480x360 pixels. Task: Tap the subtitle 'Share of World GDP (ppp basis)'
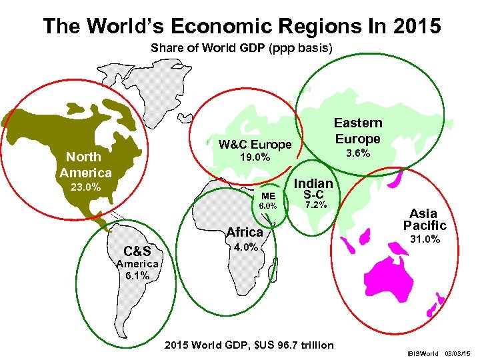(241, 49)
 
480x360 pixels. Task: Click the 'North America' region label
(85, 165)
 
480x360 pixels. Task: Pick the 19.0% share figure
(255, 158)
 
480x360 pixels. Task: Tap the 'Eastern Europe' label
(358, 131)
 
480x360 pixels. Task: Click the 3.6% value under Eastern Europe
(358, 155)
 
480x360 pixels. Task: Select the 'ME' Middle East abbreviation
(268, 195)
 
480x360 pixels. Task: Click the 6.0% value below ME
(268, 205)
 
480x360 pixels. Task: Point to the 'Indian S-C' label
(313, 188)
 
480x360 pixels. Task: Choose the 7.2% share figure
(314, 205)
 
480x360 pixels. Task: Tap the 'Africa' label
(245, 232)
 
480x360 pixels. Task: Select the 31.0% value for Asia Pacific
(424, 239)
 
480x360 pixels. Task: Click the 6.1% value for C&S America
(137, 275)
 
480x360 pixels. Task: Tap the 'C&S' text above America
(137, 251)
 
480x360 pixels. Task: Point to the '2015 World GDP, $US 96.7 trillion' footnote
(249, 345)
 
